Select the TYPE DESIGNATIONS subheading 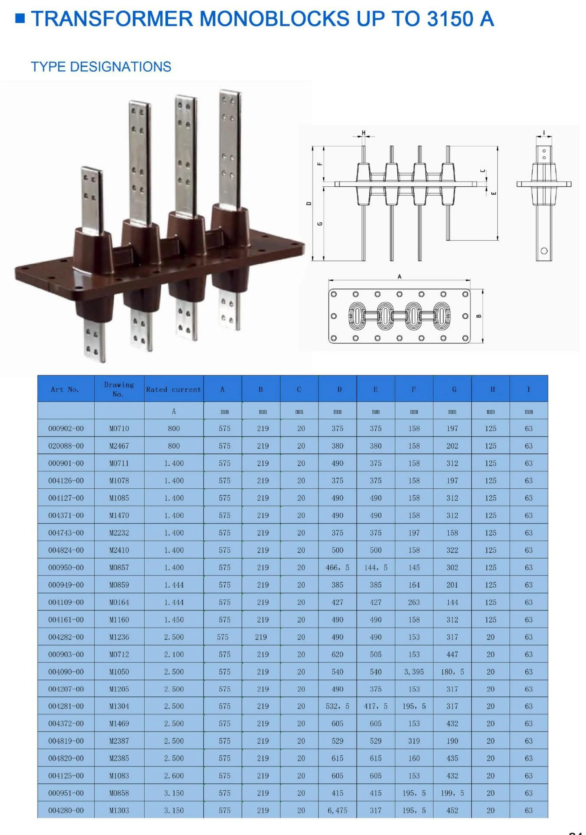(101, 67)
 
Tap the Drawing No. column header (119, 389)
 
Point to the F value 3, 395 (414, 672)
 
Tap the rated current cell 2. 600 (174, 776)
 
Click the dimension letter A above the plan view (399, 277)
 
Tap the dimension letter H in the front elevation (363, 133)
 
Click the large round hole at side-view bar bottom (544, 251)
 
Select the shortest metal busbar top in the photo (91, 182)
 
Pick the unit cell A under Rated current (174, 411)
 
